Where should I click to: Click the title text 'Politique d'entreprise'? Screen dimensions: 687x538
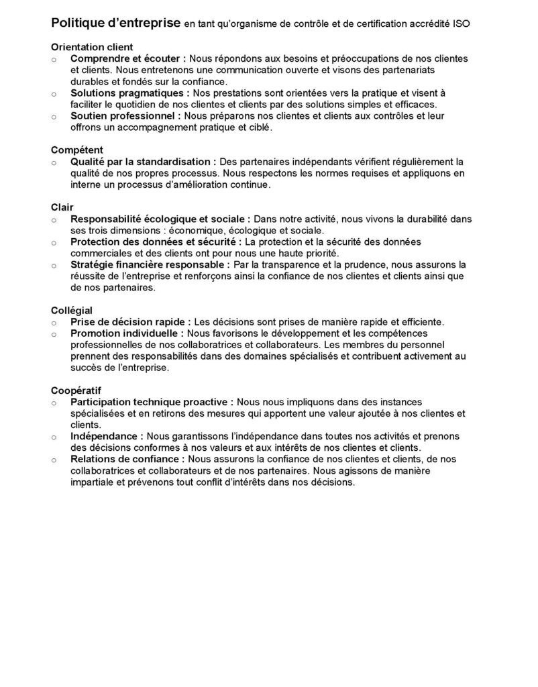click(x=115, y=23)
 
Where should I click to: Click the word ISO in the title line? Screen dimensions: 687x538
click(x=461, y=24)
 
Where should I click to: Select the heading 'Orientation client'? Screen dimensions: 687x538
click(x=92, y=48)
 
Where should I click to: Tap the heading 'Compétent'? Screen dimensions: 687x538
click(x=77, y=150)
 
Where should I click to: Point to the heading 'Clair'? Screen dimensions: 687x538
click(x=62, y=207)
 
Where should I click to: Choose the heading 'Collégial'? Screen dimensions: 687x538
click(x=72, y=311)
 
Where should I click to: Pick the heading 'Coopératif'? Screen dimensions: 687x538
click(x=76, y=390)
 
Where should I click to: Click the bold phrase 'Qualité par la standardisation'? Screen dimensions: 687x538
click(x=142, y=162)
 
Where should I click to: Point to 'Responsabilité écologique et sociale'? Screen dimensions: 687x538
click(x=160, y=219)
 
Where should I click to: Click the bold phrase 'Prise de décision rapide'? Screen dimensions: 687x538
click(x=129, y=322)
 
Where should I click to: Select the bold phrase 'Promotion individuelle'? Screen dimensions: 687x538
click(x=126, y=333)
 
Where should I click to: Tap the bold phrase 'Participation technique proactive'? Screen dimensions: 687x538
click(x=151, y=402)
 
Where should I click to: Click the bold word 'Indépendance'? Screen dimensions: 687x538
click(x=105, y=436)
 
